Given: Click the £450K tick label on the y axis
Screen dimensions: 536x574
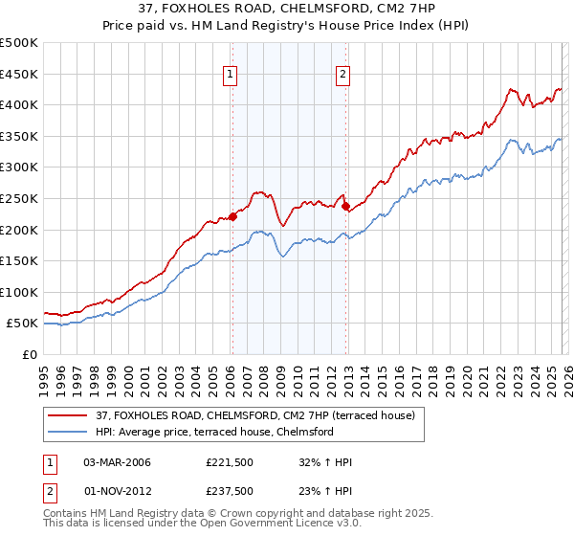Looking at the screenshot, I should click(19, 74).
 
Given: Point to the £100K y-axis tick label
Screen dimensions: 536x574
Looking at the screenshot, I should click(19, 292).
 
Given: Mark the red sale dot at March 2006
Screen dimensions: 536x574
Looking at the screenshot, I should click(232, 216).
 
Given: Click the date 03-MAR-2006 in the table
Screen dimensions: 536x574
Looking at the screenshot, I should click(118, 462).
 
